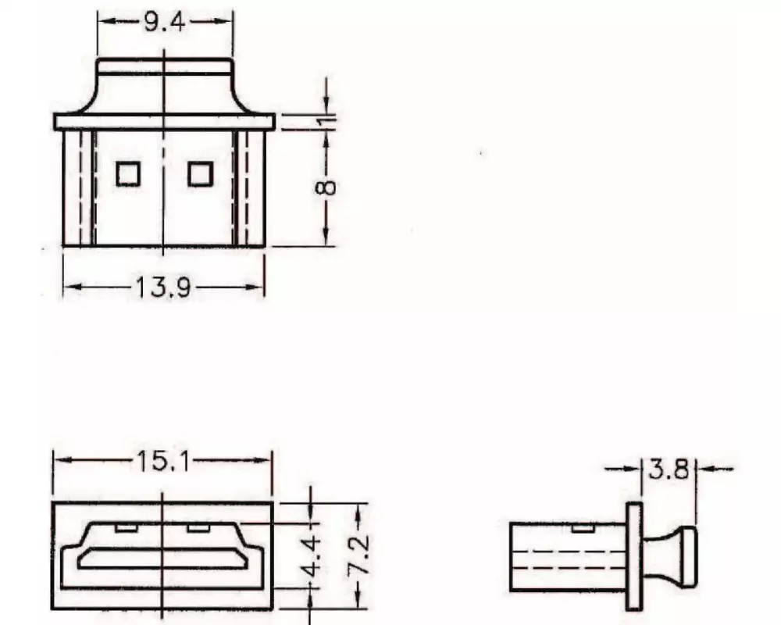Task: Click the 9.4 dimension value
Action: tap(164, 22)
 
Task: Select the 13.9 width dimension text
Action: tap(164, 288)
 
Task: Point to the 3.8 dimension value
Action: tap(669, 469)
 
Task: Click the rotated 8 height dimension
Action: tap(328, 187)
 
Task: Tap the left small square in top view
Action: tap(128, 173)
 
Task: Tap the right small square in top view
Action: tap(200, 173)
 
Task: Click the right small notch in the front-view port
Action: tap(198, 527)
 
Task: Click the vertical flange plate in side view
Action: tap(634, 555)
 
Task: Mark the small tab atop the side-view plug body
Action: tap(582, 529)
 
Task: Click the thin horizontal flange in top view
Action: tap(164, 121)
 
